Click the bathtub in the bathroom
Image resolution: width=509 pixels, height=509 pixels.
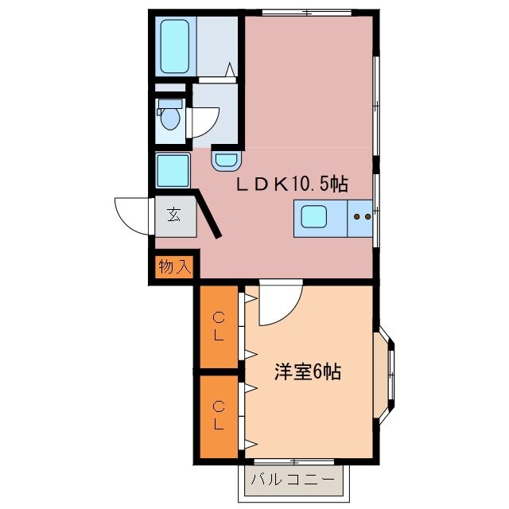[173, 46]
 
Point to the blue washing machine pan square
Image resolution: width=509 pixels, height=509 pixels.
[173, 170]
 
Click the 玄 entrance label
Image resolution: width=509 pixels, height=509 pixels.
[174, 214]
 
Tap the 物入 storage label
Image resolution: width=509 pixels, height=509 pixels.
[174, 266]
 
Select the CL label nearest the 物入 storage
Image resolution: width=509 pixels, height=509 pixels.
[217, 326]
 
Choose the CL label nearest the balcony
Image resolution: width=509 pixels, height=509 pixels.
[217, 415]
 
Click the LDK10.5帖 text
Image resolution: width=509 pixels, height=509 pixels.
[290, 185]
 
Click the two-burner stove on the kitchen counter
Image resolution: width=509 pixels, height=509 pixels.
[362, 216]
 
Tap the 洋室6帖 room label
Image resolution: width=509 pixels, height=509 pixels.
[308, 371]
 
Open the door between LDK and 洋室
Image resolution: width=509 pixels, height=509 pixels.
[278, 304]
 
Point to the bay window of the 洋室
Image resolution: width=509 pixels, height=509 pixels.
[388, 371]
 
